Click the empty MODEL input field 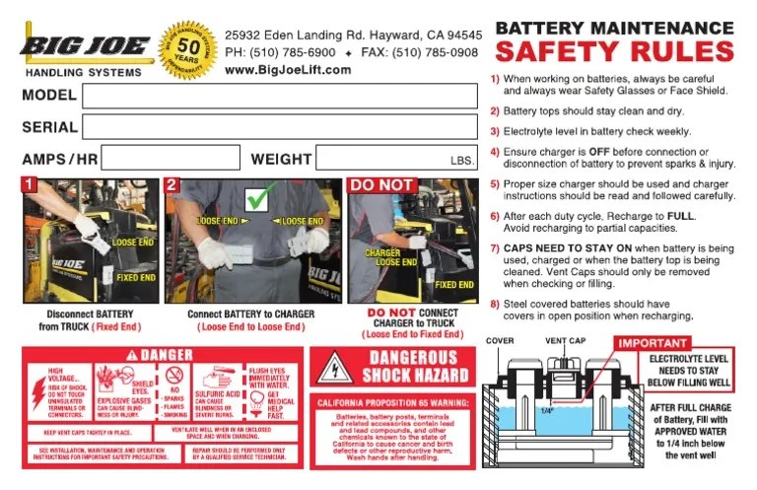point(280,96)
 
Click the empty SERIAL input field point(280,127)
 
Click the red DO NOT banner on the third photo point(382,185)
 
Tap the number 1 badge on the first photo point(30,184)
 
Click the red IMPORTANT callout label point(652,343)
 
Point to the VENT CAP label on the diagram point(566,341)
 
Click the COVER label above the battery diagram point(500,341)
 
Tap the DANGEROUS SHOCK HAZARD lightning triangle point(335,369)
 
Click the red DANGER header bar point(160,354)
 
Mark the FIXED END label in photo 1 point(135,278)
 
